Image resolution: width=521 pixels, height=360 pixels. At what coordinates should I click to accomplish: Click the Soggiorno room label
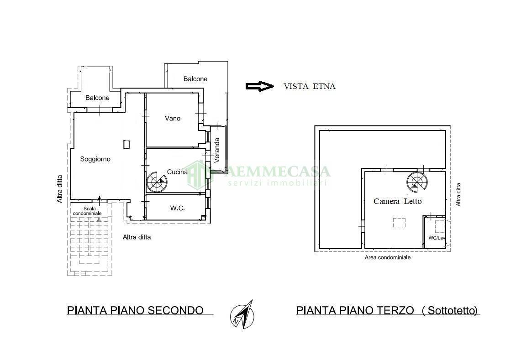click(95, 159)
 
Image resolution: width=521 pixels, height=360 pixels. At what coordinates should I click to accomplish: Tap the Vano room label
click(173, 118)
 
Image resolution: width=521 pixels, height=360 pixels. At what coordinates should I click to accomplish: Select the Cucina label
click(177, 172)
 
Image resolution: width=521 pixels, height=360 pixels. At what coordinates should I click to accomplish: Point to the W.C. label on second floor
click(177, 209)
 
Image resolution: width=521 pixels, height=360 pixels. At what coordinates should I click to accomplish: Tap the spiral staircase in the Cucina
click(157, 182)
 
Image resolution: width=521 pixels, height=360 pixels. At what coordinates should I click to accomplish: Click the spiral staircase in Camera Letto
click(417, 182)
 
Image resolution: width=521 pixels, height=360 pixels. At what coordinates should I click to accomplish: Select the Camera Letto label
click(397, 201)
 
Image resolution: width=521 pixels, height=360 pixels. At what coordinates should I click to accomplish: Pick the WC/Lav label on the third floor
click(436, 238)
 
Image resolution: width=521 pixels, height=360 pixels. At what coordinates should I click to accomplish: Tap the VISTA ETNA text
click(309, 86)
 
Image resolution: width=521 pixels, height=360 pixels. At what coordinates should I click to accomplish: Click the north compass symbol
click(242, 315)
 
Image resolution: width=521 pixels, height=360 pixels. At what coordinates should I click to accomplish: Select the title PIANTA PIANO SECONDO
click(135, 310)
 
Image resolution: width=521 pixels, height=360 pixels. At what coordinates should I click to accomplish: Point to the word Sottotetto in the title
click(450, 311)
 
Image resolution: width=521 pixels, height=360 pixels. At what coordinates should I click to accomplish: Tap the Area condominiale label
click(387, 257)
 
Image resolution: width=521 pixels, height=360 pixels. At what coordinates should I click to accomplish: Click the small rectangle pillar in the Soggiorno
click(126, 145)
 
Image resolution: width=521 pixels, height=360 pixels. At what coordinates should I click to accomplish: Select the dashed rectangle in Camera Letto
click(399, 223)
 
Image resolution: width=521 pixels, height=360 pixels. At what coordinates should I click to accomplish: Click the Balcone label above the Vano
click(195, 79)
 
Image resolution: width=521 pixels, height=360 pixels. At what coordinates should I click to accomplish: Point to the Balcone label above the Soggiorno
click(97, 98)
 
